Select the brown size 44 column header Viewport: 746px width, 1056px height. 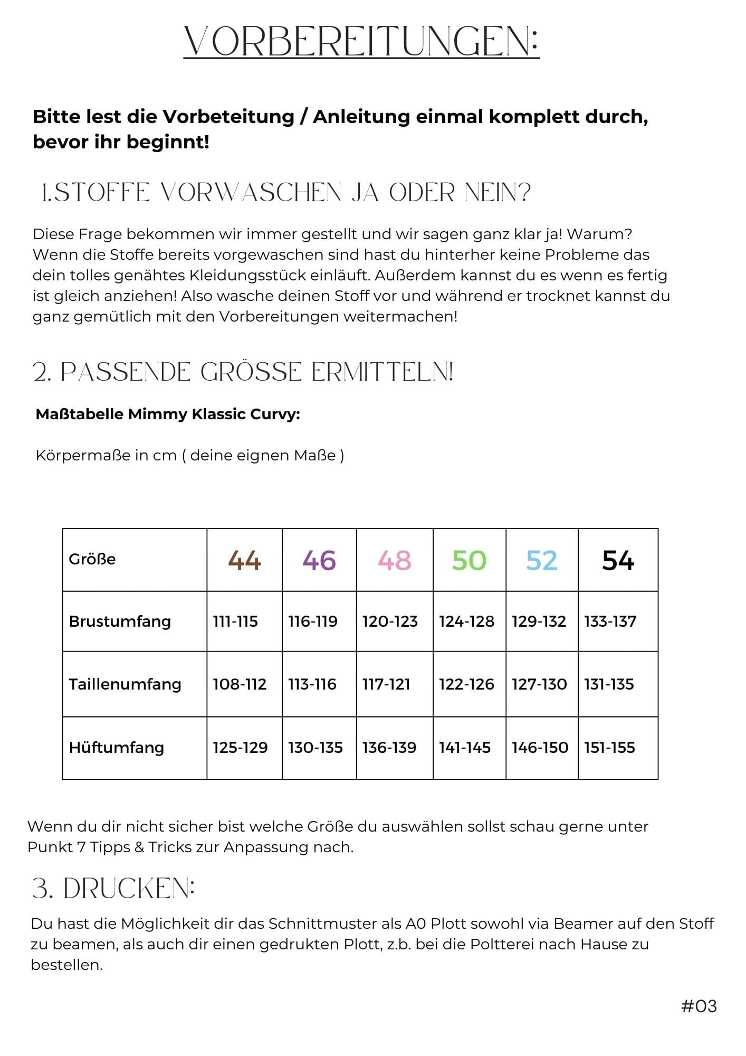pos(244,560)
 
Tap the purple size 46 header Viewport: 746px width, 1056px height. pos(319,560)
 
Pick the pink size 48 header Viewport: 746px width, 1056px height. pos(395,560)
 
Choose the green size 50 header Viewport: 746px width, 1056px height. pos(469,560)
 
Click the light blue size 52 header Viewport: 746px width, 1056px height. pos(542,560)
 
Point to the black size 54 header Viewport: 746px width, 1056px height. pos(618,560)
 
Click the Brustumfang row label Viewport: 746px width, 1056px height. pos(120,621)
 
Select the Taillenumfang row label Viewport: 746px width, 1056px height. pos(125,684)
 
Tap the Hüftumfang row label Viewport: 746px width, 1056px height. pos(117,748)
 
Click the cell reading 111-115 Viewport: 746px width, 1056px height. pos(235,621)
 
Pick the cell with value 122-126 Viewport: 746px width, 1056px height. pos(466,684)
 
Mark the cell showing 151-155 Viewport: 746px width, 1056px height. pos(609,748)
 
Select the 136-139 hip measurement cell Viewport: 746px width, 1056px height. pos(389,748)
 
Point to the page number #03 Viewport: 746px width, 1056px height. pos(699,1006)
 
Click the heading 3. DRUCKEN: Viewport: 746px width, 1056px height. pos(113,889)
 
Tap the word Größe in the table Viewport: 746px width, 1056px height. pos(92,559)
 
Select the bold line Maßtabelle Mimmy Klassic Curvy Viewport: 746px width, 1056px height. pos(168,414)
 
